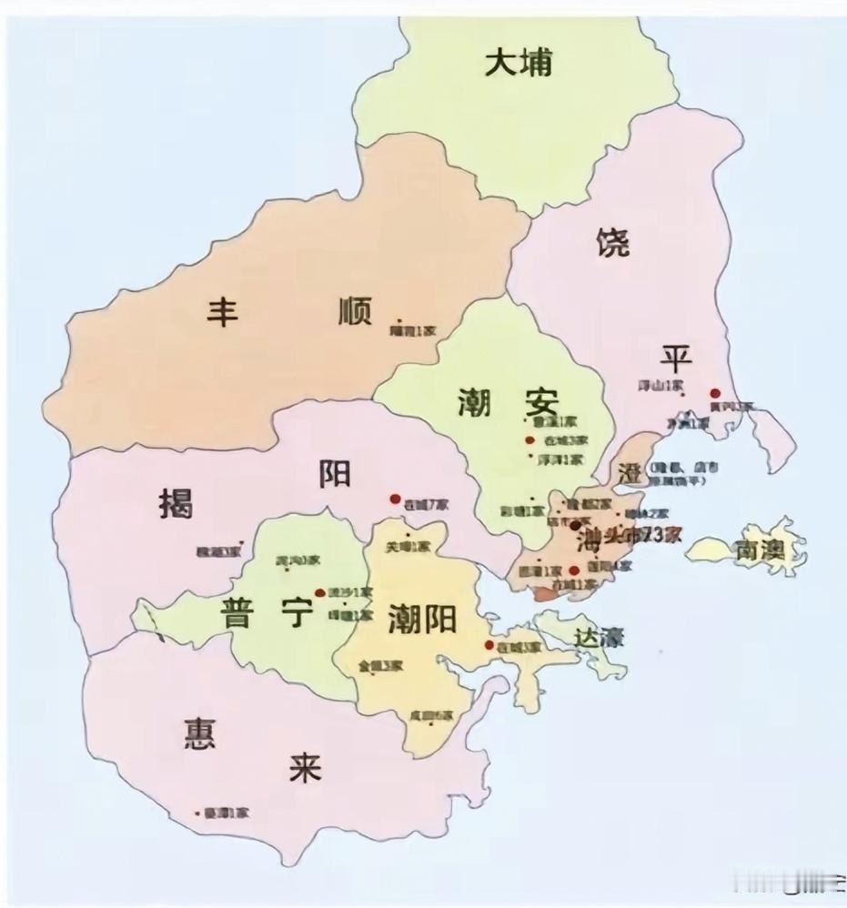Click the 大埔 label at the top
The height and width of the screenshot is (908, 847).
tap(519, 64)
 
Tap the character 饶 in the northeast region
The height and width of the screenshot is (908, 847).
tap(613, 243)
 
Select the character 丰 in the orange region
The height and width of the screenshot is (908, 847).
tap(224, 312)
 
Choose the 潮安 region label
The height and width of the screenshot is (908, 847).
tap(507, 400)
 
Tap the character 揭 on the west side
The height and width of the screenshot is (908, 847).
tap(176, 501)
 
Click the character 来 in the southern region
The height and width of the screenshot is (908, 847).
tap(303, 769)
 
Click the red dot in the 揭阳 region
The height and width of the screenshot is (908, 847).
tap(395, 499)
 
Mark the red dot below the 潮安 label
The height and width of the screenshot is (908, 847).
tap(529, 441)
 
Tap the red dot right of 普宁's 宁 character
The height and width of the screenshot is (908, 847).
tap(319, 593)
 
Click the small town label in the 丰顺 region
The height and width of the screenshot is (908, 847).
tap(414, 331)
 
